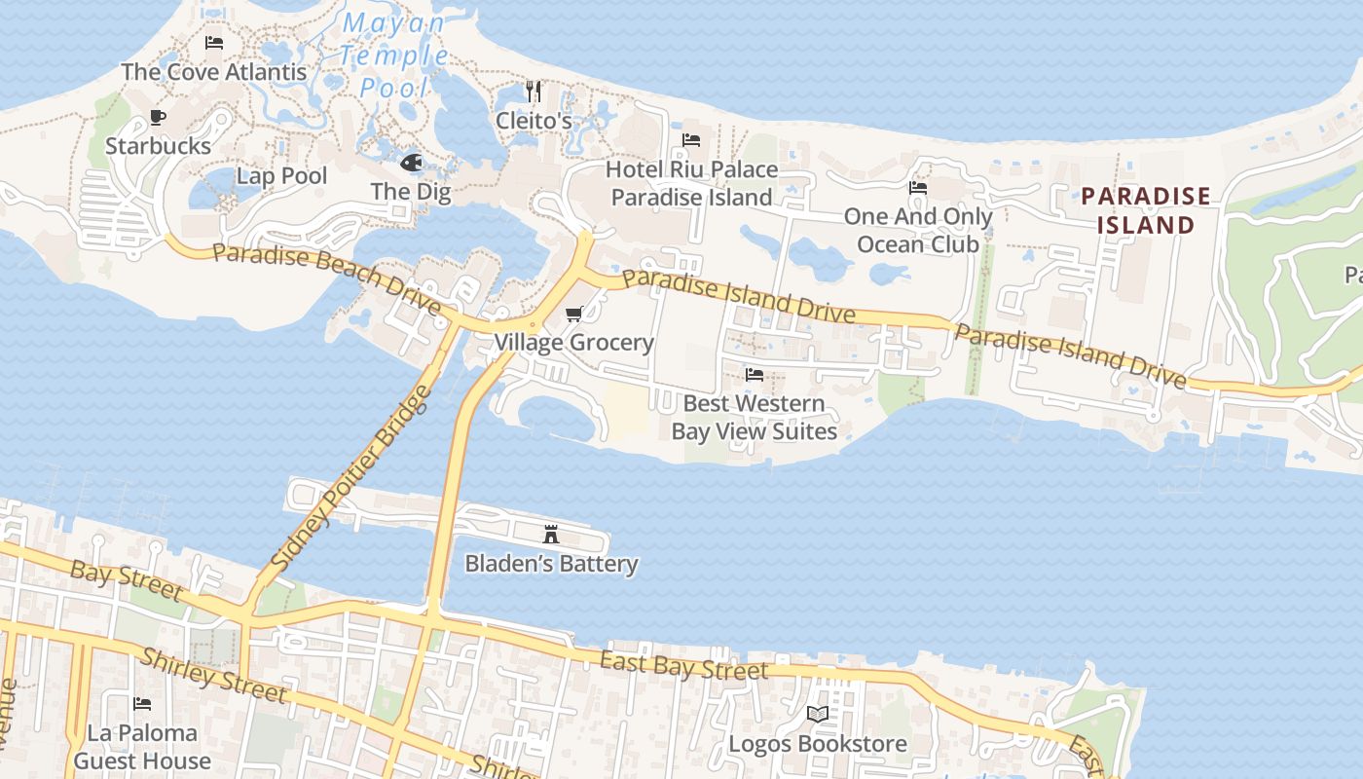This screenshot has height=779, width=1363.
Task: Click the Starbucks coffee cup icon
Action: coord(158,118)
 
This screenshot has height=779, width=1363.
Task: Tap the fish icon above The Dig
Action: coord(411,162)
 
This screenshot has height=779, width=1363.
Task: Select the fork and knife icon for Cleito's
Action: coord(534,92)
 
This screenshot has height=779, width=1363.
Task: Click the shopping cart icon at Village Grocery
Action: coord(574,314)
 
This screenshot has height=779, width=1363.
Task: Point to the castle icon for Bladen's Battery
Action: coord(551,534)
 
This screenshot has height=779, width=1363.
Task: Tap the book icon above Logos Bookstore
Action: coord(818,715)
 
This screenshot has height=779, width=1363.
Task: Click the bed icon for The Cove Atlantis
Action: coord(214,43)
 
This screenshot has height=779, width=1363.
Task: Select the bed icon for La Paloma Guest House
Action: coord(142,703)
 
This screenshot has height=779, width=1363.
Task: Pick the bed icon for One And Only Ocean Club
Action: coord(918,188)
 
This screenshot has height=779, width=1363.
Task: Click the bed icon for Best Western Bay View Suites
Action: coord(755,374)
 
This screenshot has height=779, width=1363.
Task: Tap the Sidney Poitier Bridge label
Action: coord(350,478)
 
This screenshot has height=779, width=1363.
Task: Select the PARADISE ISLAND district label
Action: coord(1146,210)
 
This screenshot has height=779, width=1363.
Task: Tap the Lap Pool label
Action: coord(282,176)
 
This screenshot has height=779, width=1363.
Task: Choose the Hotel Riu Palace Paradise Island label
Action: coord(691,183)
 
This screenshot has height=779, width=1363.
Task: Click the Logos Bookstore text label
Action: coord(818,744)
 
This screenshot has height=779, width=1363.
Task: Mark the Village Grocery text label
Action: coord(574,343)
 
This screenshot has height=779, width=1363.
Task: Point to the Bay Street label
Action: coord(127,579)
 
